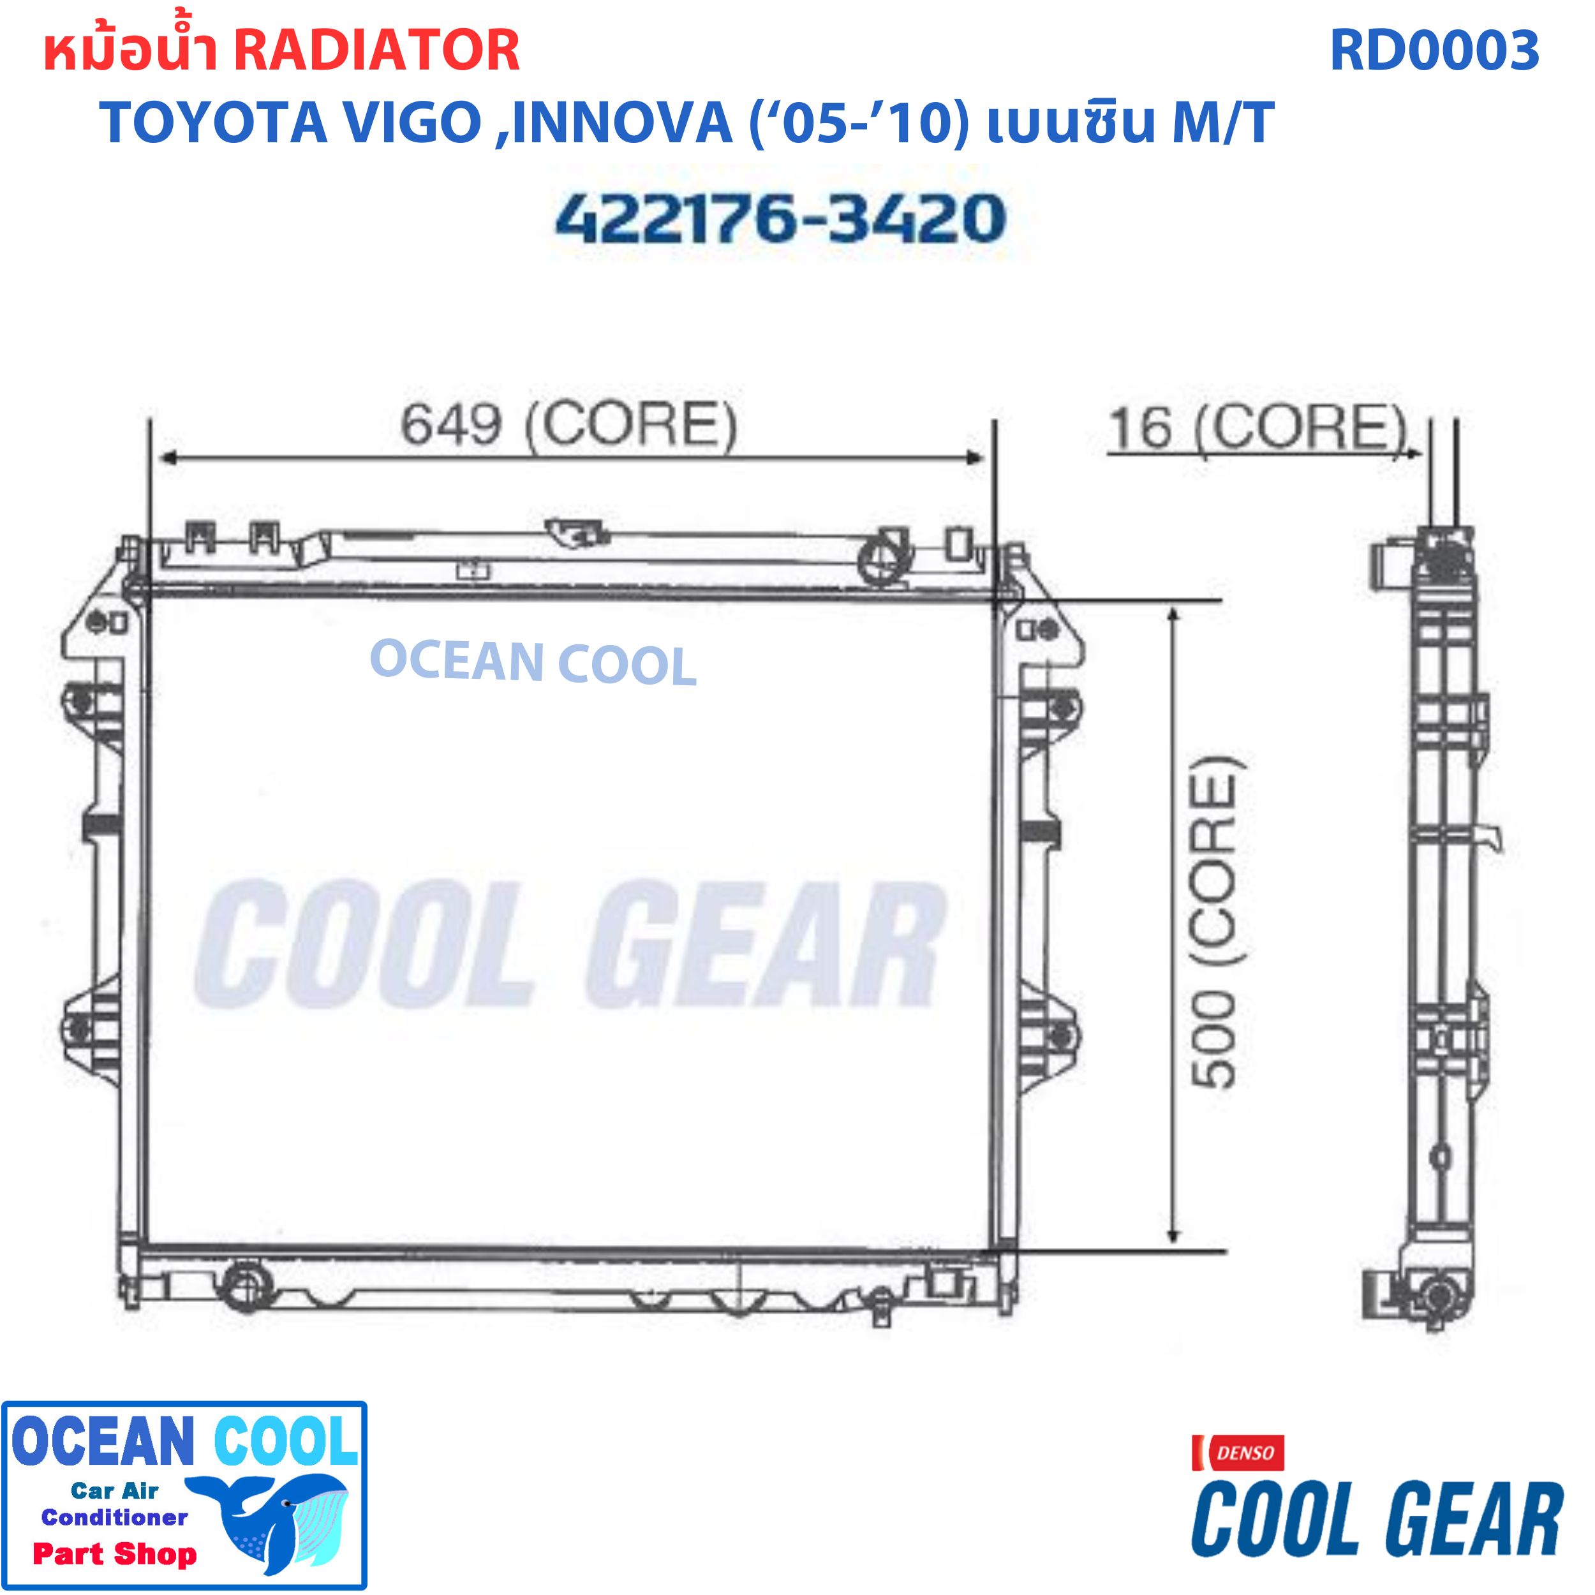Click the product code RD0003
coord(1434,51)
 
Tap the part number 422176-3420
coord(780,219)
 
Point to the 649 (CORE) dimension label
coord(568,426)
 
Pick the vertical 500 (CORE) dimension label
coord(1215,921)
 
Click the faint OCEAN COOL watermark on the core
coord(533,664)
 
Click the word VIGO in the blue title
coord(411,123)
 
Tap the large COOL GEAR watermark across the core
coord(570,946)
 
